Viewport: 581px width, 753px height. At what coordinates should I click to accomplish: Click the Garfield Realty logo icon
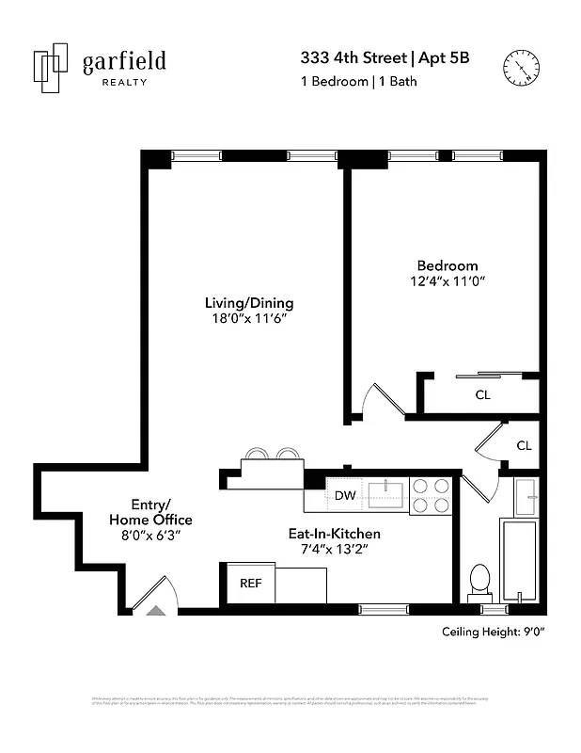coord(52,68)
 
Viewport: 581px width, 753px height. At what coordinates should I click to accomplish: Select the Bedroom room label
coord(448,265)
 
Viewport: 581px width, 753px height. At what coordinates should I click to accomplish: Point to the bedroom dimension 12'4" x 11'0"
coord(448,281)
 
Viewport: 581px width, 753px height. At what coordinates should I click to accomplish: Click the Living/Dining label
coord(249,303)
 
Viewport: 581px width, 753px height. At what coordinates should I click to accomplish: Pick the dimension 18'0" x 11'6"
coord(249,319)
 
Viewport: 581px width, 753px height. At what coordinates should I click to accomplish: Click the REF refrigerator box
coord(250,583)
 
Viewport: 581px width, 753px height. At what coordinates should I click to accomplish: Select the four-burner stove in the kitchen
coord(432,495)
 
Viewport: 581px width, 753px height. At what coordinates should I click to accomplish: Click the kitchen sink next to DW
coord(386,490)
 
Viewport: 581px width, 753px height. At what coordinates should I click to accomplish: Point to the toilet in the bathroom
coord(480,582)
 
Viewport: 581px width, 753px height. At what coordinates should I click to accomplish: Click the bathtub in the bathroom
coord(518,560)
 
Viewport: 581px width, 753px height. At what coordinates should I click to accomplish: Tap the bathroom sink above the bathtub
coord(526,495)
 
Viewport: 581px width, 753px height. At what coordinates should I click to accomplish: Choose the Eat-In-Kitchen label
coord(334,534)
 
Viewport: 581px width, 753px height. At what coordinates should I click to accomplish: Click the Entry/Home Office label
coord(150,512)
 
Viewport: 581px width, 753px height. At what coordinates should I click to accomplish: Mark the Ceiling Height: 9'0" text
coord(494,632)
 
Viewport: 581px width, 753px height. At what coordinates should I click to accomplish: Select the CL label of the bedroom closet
coord(482,395)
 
